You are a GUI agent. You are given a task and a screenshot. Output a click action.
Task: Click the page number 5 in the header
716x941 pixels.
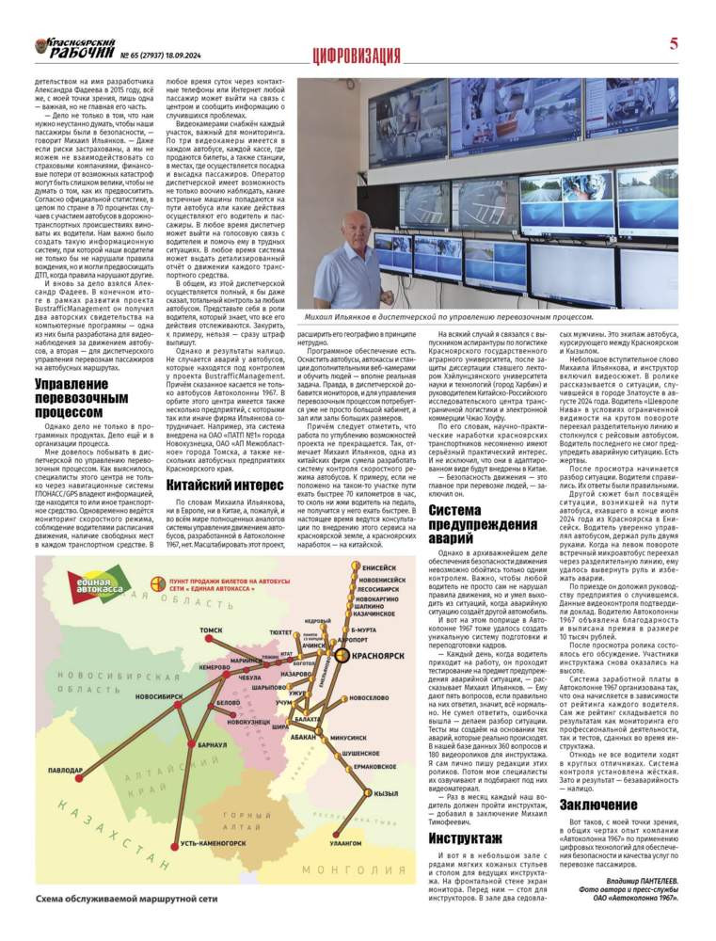(x=674, y=44)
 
